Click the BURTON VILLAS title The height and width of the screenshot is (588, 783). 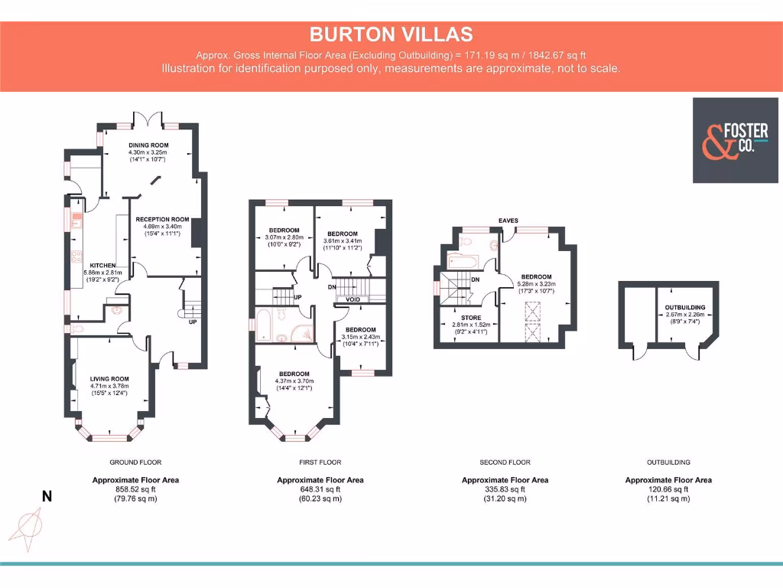(391, 34)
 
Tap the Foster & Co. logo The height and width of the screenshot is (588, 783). (729, 140)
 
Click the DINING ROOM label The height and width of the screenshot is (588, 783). (148, 145)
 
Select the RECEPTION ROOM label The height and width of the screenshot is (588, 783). (162, 219)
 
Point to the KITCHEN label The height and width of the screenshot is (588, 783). (102, 266)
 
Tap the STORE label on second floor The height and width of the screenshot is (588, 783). (470, 316)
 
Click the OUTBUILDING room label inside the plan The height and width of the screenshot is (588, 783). (684, 308)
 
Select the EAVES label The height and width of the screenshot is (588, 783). (508, 220)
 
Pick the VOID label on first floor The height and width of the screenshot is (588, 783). (353, 299)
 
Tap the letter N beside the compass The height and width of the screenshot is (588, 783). (47, 497)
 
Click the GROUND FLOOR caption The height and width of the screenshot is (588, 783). (135, 462)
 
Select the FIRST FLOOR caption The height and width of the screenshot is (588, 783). (320, 462)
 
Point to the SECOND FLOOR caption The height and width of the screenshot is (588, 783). (505, 462)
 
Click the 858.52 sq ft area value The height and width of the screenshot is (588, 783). (135, 489)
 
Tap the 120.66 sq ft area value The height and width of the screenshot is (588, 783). (668, 489)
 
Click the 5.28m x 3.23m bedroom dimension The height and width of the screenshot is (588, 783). (537, 284)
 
